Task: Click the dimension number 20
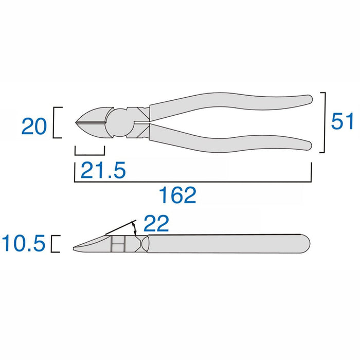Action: pos(34,126)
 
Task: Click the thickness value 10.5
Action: pos(24,243)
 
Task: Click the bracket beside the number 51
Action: pos(323,122)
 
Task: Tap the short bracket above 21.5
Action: pos(90,154)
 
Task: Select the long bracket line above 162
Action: pos(193,181)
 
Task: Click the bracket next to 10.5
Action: pos(55,243)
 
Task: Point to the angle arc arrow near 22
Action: pos(136,227)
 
